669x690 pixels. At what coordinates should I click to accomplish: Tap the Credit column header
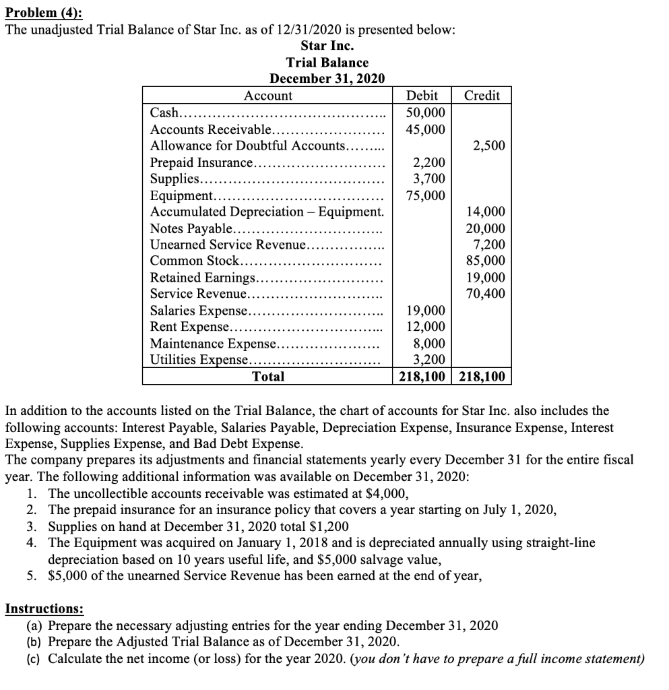[x=482, y=96]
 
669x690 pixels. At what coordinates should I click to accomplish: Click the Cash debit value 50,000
[x=426, y=112]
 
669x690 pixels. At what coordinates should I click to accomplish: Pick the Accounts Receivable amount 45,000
[x=426, y=128]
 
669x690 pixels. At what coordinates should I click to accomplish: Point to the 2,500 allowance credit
[x=489, y=146]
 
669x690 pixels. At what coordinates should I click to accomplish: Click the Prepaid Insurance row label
[x=201, y=162]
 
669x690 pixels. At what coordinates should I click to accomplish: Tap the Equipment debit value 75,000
[x=426, y=195]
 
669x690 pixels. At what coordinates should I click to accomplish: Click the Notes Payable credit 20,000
[x=486, y=228]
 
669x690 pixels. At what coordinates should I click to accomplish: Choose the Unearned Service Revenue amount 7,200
[x=489, y=245]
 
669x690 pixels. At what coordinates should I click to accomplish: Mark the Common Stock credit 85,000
[x=486, y=261]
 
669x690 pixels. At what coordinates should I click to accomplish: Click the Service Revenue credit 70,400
[x=486, y=294]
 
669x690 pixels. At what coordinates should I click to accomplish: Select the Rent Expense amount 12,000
[x=426, y=327]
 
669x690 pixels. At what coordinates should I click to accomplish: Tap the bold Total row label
[x=268, y=377]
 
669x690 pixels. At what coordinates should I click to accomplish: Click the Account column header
[x=268, y=96]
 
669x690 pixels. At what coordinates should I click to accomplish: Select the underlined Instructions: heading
[x=44, y=608]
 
